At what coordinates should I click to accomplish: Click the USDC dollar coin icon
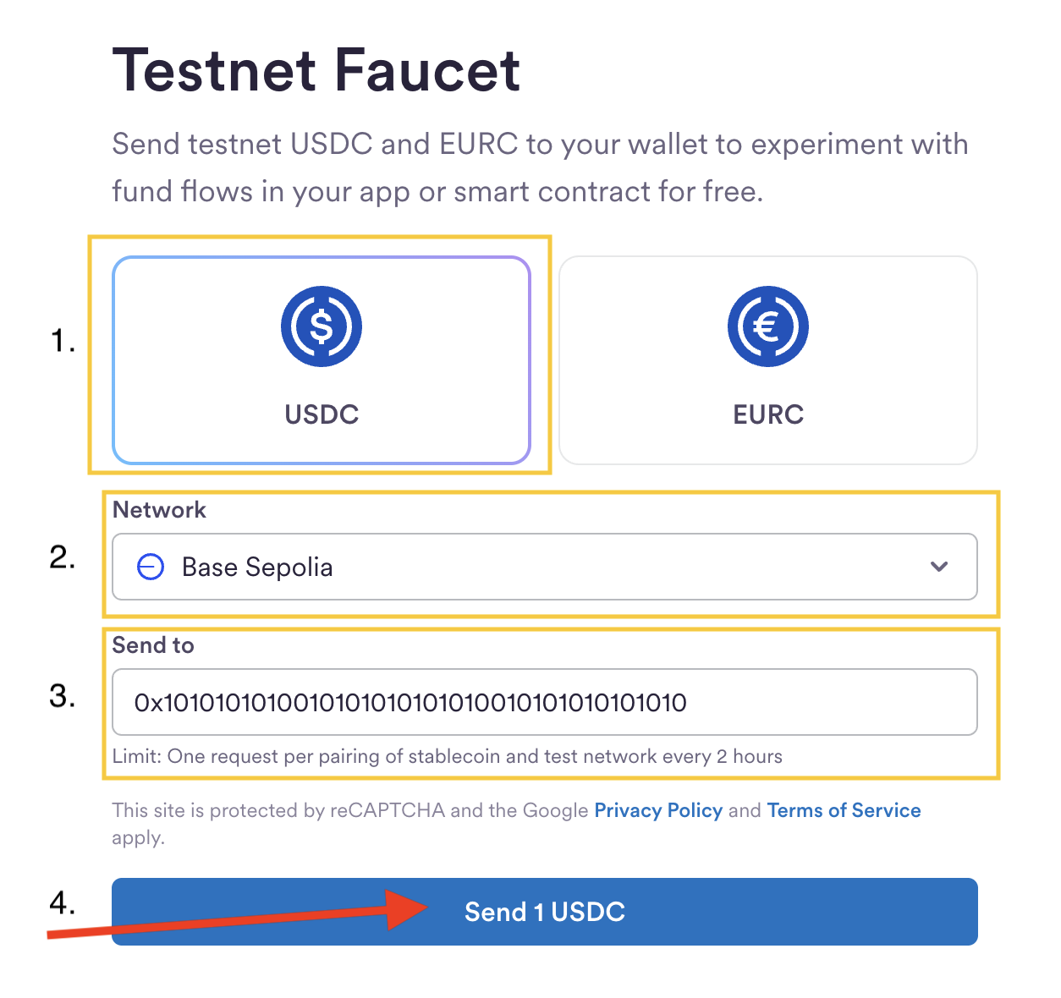322,326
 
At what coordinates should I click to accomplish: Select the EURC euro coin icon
768,326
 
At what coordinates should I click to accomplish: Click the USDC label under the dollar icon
322,414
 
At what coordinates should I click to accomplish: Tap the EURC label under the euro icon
768,414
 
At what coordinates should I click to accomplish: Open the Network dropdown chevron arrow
939,567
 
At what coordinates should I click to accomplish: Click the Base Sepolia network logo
151,567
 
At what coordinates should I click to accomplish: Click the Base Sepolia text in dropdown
257,567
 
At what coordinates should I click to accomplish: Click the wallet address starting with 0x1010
410,702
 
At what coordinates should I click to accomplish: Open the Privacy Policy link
658,810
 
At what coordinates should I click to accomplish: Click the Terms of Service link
844,810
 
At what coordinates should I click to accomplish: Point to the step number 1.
63,341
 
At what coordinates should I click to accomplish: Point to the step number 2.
63,557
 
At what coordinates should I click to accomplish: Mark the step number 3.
63,696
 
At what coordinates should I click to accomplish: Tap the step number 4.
63,902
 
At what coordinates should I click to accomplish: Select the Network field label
159,510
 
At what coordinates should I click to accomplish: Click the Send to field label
153,645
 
